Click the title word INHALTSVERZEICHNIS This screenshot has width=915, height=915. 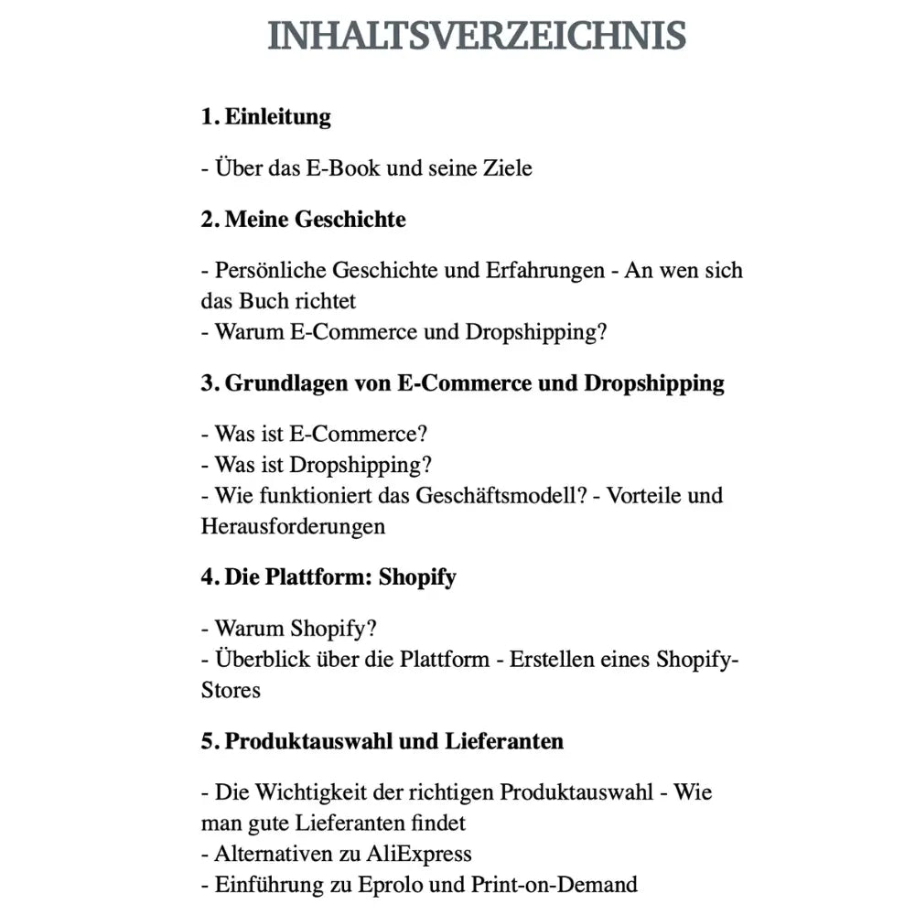click(x=477, y=36)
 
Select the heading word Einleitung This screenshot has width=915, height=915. click(x=277, y=117)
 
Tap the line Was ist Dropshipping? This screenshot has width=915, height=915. click(x=317, y=465)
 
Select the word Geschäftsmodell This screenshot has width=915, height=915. click(x=499, y=496)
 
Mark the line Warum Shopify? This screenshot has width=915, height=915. click(x=289, y=629)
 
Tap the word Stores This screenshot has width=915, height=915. click(x=231, y=690)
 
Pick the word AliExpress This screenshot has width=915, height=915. click(x=419, y=854)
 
